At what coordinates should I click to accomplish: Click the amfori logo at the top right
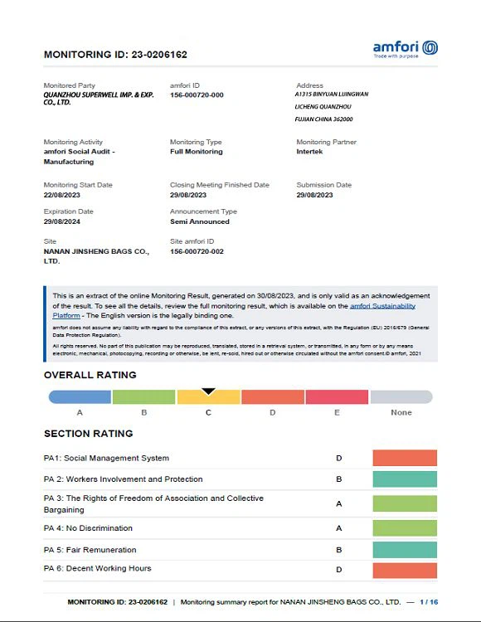[x=405, y=48]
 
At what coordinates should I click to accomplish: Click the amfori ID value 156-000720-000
[x=197, y=95]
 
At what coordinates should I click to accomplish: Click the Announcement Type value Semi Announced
[x=200, y=221]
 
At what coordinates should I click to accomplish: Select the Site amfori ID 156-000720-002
[x=197, y=251]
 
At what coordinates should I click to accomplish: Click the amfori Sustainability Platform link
[x=381, y=306]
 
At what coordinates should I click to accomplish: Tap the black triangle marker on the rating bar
[x=209, y=391]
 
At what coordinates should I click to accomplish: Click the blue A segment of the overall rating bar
[x=80, y=397]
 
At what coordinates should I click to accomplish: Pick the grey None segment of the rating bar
[x=401, y=397]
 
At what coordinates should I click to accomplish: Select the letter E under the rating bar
[x=337, y=412]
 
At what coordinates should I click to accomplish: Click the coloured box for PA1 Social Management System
[x=405, y=458]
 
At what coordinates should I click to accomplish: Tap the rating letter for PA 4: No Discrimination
[x=338, y=527]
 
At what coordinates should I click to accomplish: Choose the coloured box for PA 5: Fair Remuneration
[x=405, y=549]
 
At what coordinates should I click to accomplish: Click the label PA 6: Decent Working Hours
[x=97, y=568]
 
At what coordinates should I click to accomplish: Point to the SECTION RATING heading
[x=88, y=434]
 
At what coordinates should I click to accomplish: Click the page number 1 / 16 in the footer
[x=429, y=602]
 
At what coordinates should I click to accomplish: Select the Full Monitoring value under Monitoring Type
[x=197, y=152]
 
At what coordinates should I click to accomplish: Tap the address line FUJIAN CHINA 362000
[x=323, y=119]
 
